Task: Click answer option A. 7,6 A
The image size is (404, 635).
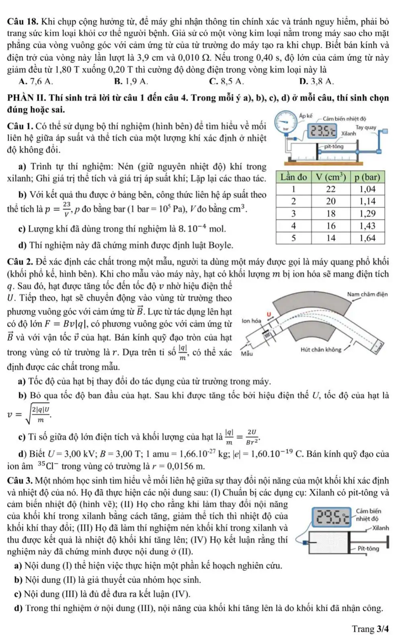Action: tap(36, 81)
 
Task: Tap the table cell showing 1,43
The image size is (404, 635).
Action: tap(367, 226)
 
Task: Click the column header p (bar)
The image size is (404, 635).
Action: tap(367, 177)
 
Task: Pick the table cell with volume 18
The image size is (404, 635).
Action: tap(330, 214)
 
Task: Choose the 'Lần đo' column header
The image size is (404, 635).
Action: tap(293, 177)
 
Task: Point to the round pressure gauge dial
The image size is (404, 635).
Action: tap(286, 123)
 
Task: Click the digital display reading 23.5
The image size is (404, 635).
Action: tap(322, 130)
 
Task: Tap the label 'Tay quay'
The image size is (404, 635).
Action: tap(366, 128)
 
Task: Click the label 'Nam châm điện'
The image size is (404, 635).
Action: tap(367, 294)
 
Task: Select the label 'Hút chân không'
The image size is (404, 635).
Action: tap(321, 350)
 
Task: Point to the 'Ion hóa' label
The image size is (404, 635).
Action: tap(251, 321)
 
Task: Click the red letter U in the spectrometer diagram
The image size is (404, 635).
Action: tap(269, 314)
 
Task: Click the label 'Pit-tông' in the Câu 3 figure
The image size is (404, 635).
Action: tap(368, 548)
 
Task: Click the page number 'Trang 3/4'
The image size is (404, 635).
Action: tap(370, 629)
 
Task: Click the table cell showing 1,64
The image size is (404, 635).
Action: tap(367, 238)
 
